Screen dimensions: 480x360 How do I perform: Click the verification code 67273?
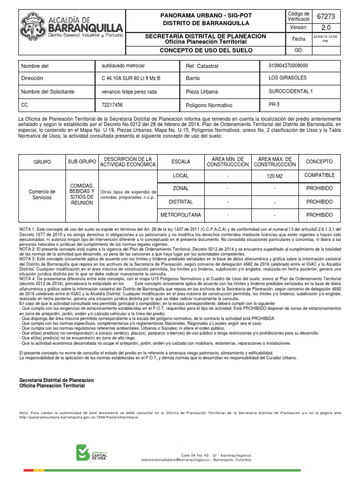pyautogui.click(x=326, y=17)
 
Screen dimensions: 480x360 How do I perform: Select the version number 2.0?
pyautogui.click(x=326, y=28)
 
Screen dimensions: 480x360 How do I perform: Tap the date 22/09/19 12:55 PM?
pyautogui.click(x=326, y=39)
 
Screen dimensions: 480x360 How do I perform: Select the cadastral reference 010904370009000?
pyautogui.click(x=288, y=66)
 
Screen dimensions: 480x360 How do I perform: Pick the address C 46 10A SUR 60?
pyautogui.click(x=131, y=78)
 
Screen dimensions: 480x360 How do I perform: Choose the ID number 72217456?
pyautogui.click(x=112, y=105)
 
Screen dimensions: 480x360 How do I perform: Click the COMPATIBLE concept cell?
pyautogui.click(x=319, y=175)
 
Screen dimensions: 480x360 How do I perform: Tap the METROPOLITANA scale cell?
pyautogui.click(x=180, y=215)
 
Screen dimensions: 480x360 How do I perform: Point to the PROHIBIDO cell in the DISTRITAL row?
pyautogui.click(x=319, y=202)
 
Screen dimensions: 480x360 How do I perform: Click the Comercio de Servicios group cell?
pyautogui.click(x=42, y=195)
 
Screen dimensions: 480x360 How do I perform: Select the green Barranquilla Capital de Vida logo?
pyautogui.click(x=94, y=453)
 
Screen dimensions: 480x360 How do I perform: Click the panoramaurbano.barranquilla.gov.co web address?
pyautogui.click(x=79, y=417)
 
